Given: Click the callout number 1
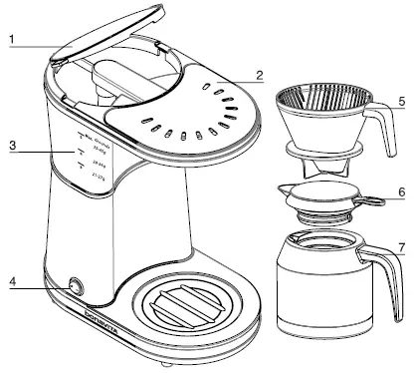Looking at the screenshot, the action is [x=11, y=43].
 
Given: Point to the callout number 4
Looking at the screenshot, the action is [x=11, y=282].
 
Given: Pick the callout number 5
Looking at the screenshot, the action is [x=401, y=102].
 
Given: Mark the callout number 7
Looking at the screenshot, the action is [x=401, y=245].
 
